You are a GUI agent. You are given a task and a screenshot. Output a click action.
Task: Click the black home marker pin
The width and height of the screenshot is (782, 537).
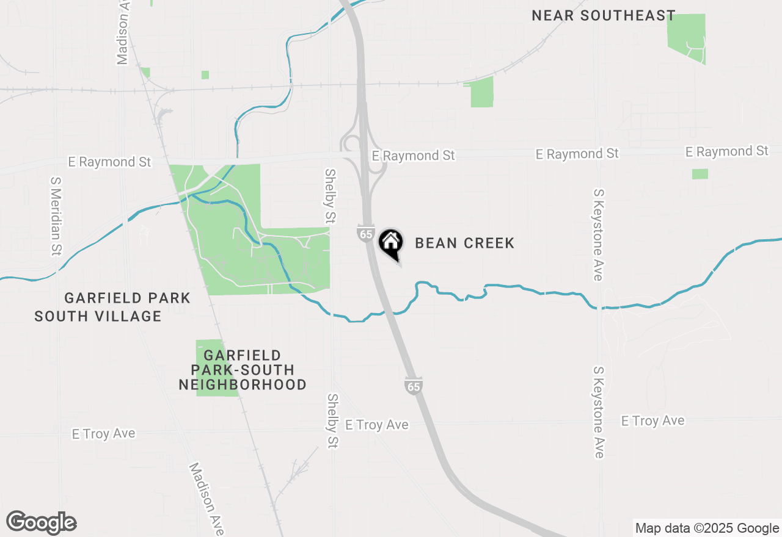click(390, 243)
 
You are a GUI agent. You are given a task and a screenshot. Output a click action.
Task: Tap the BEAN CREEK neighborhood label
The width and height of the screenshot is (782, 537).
click(464, 243)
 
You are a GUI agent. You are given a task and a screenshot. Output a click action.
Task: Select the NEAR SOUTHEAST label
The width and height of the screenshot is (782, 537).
click(604, 15)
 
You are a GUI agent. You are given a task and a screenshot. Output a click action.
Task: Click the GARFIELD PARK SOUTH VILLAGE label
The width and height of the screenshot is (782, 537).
click(113, 307)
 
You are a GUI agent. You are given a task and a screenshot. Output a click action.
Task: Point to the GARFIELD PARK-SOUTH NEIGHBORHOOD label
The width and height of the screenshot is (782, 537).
click(243, 370)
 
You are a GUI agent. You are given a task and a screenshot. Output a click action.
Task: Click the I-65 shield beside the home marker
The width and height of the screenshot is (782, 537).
click(366, 234)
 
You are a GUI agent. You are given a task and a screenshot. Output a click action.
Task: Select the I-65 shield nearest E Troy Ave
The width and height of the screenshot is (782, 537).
click(413, 385)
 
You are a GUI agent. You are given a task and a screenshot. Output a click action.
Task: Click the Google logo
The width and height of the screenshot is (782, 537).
click(42, 522)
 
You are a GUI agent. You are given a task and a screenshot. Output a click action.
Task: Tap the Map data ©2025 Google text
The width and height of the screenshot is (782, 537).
click(707, 528)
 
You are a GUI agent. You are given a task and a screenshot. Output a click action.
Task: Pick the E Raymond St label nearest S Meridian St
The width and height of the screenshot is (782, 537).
click(109, 162)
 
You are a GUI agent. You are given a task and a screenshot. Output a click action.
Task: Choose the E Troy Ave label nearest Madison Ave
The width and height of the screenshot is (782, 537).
click(103, 433)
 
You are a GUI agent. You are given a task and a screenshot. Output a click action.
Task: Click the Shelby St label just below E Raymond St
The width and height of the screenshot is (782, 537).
click(331, 195)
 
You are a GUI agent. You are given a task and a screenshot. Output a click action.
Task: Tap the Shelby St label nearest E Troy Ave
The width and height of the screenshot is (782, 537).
click(332, 421)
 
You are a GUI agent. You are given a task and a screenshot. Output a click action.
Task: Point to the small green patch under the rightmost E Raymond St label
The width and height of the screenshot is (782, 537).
click(700, 174)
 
